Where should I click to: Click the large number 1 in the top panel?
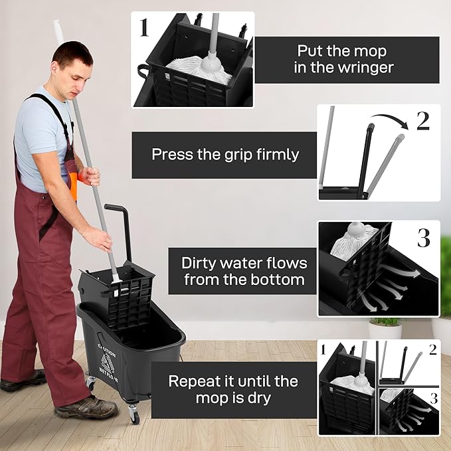coord(144,27)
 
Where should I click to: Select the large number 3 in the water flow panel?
coord(423,238)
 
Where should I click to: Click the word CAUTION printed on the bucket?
coord(106,347)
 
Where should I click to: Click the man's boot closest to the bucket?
coord(86,406)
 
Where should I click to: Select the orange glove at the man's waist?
coord(73,186)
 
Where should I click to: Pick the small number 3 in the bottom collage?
coord(432,399)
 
